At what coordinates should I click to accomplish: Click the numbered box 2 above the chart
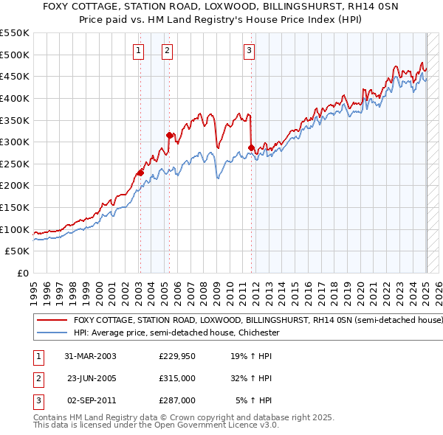click(x=168, y=50)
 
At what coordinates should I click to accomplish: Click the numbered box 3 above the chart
click(x=250, y=50)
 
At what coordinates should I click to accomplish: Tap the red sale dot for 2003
click(x=140, y=173)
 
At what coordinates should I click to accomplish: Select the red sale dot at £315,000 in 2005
click(x=170, y=136)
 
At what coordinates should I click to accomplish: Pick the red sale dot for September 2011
click(x=252, y=147)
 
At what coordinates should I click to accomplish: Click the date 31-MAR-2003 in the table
click(x=90, y=356)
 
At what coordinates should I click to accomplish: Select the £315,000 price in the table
click(x=177, y=378)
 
